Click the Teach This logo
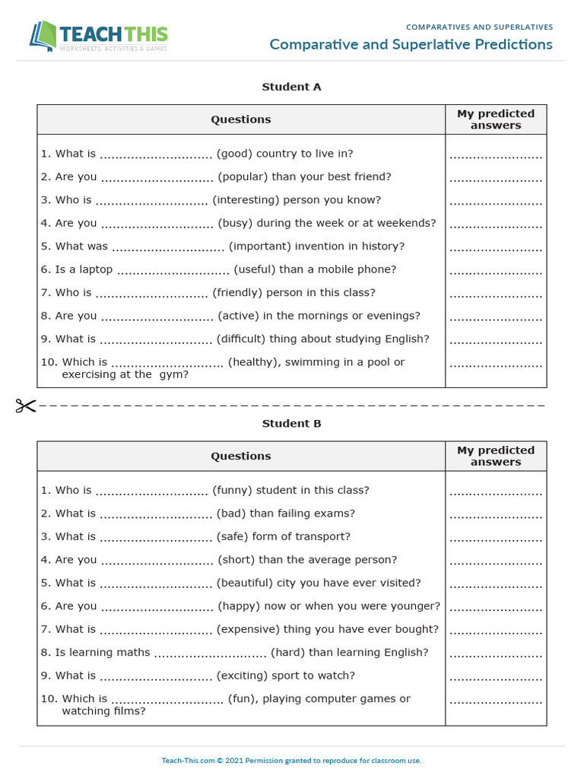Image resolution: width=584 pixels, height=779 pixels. click(98, 36)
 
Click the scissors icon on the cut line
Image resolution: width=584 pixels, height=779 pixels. click(25, 405)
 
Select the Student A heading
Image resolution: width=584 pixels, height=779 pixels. click(291, 87)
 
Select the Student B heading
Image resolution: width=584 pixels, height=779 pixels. click(291, 424)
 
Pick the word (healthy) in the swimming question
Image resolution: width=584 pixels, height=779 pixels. click(254, 362)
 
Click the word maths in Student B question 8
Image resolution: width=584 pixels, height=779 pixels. click(133, 653)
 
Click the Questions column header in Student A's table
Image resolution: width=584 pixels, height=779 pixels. click(241, 119)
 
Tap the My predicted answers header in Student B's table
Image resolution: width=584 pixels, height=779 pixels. click(496, 456)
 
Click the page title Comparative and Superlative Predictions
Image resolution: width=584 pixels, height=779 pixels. click(411, 44)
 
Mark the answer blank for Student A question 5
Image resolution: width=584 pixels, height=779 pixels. click(496, 248)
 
